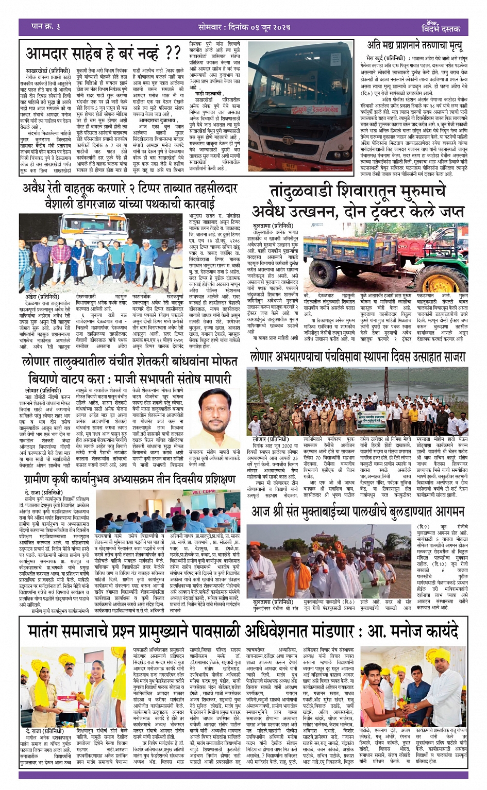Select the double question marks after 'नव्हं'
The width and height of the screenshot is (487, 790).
[x=170, y=53]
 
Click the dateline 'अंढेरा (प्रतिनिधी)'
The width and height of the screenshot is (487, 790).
[x=42, y=297]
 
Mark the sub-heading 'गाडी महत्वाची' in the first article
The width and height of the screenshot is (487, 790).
[x=209, y=93]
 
